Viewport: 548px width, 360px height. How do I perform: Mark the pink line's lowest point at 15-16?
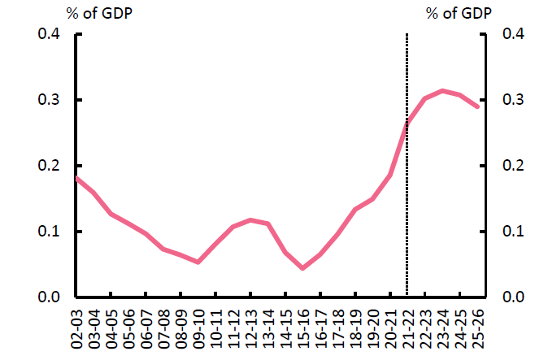click(302, 267)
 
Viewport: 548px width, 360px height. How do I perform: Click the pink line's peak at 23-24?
click(441, 90)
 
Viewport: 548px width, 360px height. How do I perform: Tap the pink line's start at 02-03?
click(76, 177)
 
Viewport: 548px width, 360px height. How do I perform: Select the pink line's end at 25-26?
click(477, 106)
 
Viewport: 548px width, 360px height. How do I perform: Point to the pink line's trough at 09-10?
click(198, 262)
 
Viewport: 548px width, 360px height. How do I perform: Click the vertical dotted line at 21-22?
click(407, 203)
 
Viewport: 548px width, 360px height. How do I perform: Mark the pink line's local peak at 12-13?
click(250, 219)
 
